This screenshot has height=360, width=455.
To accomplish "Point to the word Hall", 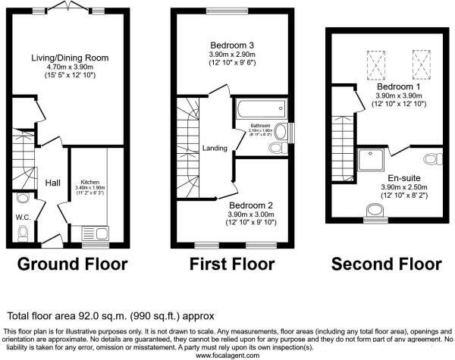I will (x=52, y=183).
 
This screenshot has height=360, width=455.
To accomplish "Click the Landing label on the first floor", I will (x=215, y=148).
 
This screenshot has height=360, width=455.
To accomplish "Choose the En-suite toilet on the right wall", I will (x=433, y=158).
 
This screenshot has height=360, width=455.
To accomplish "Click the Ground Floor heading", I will (x=72, y=264).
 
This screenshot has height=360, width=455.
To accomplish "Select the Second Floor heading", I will (x=386, y=264).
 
